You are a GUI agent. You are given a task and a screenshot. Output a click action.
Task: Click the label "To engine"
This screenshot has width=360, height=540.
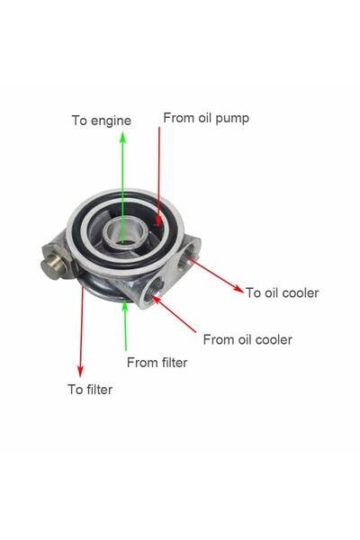click(x=102, y=121)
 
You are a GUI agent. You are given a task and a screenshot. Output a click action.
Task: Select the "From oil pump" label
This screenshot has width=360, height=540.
click(x=206, y=118)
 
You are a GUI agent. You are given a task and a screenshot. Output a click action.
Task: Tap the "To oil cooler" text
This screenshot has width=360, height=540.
click(x=282, y=292)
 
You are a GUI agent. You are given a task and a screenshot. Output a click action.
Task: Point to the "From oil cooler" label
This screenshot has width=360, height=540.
click(x=247, y=339)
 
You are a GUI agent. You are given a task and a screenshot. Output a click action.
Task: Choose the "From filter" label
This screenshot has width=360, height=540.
click(x=157, y=363)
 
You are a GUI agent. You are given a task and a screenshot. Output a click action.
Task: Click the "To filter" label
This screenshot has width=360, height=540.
click(x=90, y=390)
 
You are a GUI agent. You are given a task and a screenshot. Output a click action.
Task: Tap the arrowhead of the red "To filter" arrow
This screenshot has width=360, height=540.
click(x=80, y=371)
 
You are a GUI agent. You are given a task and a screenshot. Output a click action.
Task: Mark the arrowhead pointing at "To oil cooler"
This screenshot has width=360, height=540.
click(x=238, y=289)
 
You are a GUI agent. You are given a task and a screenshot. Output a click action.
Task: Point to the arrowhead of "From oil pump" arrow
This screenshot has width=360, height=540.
click(x=158, y=221)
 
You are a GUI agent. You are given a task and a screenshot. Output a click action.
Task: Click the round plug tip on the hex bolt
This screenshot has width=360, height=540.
click(x=52, y=267)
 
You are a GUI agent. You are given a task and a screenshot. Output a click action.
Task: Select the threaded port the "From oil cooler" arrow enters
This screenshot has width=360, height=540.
click(x=153, y=289)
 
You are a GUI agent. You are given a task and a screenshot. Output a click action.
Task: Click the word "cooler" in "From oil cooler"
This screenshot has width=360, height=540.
click(x=274, y=339)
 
